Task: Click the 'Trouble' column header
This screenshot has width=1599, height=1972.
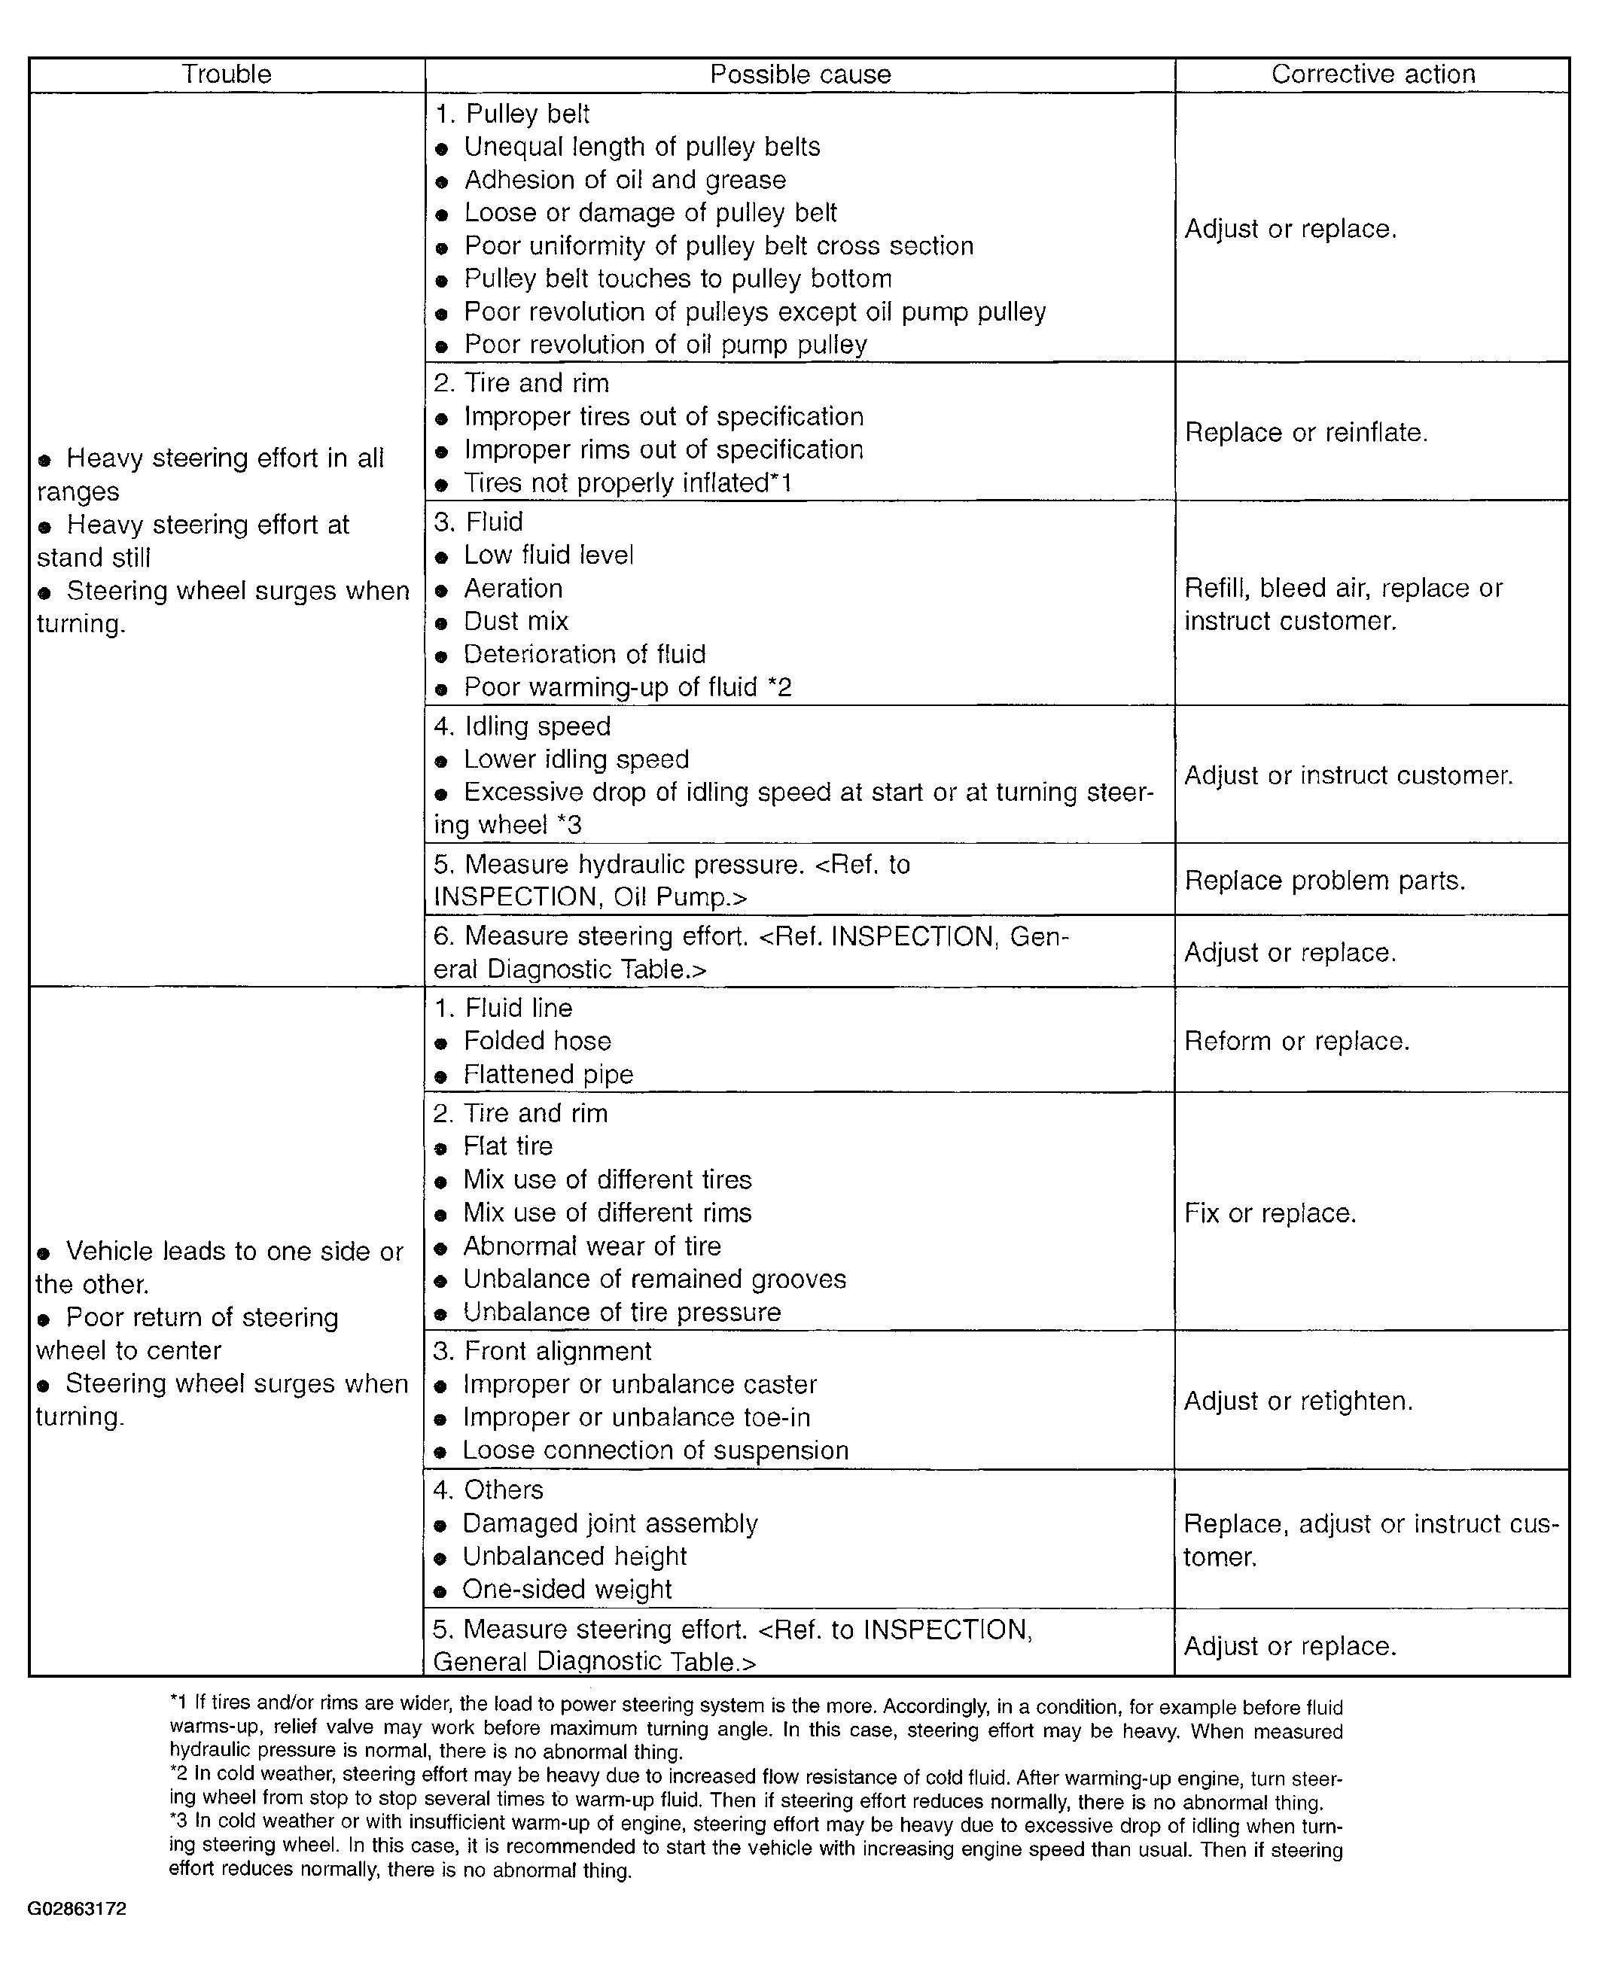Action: coord(227,75)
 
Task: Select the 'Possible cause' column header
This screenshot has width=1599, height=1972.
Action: coord(799,75)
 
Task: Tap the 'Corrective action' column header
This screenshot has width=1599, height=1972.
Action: coord(1372,75)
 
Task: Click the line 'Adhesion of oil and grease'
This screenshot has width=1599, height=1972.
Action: coord(625,180)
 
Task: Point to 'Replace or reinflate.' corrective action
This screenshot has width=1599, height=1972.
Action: coord(1306,432)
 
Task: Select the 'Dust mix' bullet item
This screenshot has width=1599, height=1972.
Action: coord(516,622)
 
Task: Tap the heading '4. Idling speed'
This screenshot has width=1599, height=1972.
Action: coord(522,726)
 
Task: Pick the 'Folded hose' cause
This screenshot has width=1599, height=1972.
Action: coord(537,1041)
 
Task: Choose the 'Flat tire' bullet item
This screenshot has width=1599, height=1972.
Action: coord(507,1146)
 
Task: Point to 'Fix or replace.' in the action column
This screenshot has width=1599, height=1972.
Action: coord(1270,1213)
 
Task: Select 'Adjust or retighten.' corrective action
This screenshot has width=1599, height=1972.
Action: coord(1298,1401)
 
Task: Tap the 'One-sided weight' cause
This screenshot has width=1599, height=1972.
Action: coord(566,1590)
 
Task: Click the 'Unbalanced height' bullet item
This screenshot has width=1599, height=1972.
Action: coord(574,1557)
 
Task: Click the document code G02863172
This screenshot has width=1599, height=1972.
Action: coord(78,1910)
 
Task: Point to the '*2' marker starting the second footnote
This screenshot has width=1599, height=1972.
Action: coord(178,1774)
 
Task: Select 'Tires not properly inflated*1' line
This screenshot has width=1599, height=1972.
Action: coord(627,482)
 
